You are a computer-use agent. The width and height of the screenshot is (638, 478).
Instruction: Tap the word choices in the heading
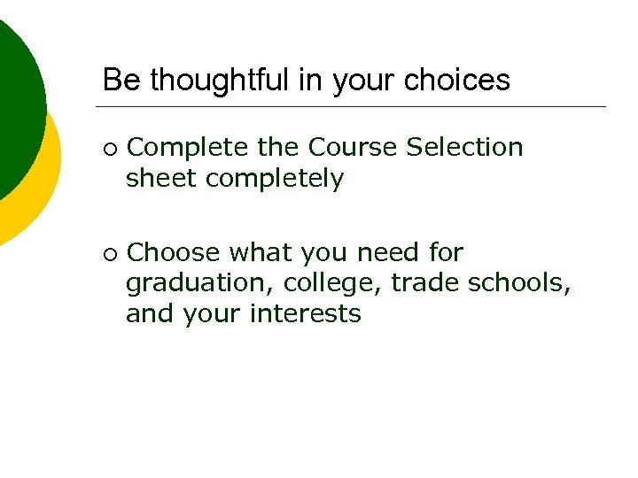point(460,81)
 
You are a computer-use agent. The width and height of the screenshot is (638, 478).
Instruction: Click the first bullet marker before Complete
point(109,148)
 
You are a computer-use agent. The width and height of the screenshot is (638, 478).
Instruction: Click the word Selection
point(464,147)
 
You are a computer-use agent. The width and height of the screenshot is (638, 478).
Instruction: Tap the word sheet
point(161,179)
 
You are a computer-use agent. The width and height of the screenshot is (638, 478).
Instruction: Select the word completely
point(275,179)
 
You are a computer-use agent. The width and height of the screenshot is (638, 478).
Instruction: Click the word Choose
point(174,253)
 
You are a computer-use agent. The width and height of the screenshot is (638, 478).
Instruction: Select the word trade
point(424,283)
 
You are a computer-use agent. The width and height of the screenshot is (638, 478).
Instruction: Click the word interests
point(306,314)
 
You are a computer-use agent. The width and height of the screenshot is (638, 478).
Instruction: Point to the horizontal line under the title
point(354,106)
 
